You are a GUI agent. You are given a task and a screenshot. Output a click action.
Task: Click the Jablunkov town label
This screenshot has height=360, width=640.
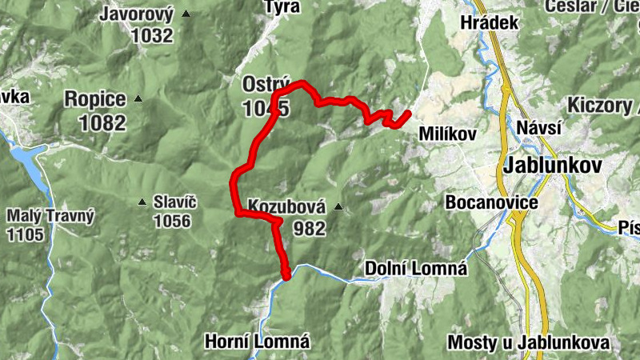552,166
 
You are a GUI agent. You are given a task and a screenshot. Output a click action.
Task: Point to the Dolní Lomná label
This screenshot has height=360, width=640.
415,268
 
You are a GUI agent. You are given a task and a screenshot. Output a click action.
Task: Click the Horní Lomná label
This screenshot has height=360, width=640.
257,342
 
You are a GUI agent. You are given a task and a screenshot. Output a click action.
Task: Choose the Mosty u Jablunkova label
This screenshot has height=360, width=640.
528,342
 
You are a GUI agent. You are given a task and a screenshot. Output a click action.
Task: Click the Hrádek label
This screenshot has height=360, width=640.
490,22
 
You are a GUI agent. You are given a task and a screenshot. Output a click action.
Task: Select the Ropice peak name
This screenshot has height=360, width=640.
95,99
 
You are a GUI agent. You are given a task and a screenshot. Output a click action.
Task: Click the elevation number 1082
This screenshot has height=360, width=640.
102,122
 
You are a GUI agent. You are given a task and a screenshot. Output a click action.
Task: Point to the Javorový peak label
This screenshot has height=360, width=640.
137,14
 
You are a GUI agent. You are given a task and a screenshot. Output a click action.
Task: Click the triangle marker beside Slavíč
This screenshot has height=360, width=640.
142,202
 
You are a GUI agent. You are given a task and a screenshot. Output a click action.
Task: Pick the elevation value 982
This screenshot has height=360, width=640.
310,229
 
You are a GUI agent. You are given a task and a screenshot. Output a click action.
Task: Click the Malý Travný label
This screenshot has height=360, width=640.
50,215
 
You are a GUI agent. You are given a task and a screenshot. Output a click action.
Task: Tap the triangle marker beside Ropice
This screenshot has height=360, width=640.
138,99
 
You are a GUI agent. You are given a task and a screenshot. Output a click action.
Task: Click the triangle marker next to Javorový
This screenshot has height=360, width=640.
186,14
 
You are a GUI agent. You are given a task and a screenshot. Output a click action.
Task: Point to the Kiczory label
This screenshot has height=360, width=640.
600,106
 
